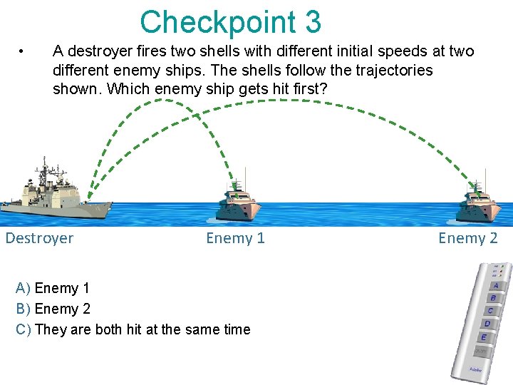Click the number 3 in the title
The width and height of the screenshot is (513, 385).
pos(312,22)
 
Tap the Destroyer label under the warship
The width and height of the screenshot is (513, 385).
pos(39,238)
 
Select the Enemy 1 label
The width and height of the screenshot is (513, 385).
pos(235,238)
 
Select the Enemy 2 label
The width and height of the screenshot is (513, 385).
pos(467,238)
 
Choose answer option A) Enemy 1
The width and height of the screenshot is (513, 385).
pos(53,288)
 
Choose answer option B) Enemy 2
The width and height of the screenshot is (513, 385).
pos(53,309)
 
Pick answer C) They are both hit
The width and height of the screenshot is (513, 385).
pos(133,329)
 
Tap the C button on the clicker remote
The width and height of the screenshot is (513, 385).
pos(490,311)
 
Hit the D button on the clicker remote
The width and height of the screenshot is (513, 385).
pos(487,324)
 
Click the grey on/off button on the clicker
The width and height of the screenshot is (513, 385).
pos(481,351)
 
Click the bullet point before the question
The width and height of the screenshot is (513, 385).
pos(24,51)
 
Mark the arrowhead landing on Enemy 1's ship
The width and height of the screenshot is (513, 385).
pos(234,188)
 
